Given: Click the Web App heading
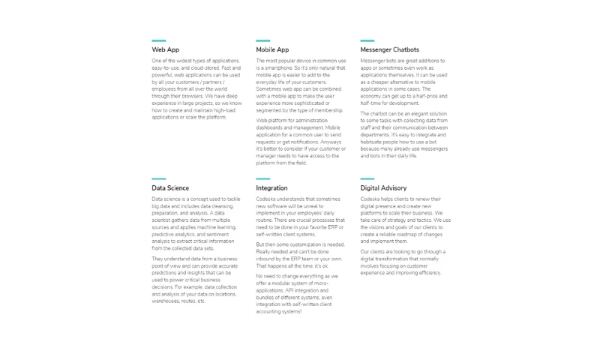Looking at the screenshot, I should (166, 50).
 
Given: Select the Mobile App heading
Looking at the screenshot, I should (272, 50).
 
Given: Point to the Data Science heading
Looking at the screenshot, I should (170, 188).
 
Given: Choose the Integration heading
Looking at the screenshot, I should (271, 188).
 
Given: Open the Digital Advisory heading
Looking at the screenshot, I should (383, 188).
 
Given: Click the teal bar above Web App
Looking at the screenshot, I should (158, 40).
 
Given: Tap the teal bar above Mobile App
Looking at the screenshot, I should (262, 40).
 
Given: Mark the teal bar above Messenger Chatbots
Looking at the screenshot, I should (367, 40).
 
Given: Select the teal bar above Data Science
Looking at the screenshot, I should (158, 178).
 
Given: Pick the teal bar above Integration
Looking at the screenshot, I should (262, 178).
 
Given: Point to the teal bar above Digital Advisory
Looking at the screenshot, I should (367, 178).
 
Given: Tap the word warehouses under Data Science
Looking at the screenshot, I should (167, 301).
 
